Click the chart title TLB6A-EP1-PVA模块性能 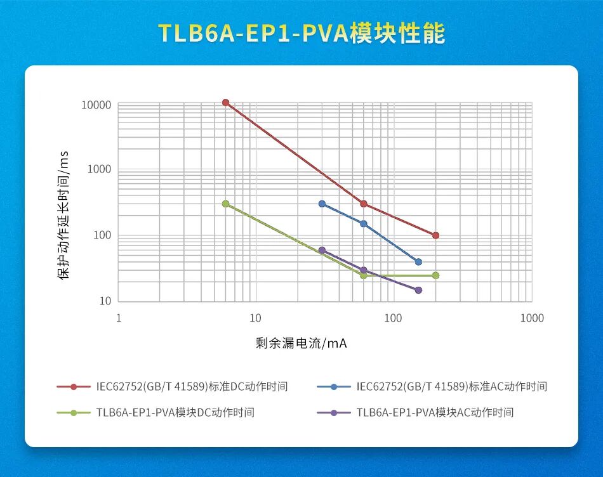[301, 33]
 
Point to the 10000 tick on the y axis [96, 105]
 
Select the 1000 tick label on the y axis [98, 169]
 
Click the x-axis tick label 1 [119, 318]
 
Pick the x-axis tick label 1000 [532, 318]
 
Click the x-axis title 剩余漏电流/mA [301, 343]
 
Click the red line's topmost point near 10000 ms [225, 103]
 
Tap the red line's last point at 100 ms [435, 235]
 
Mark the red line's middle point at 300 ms [364, 204]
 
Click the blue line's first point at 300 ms [322, 204]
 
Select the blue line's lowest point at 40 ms [418, 262]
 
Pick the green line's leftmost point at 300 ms [225, 204]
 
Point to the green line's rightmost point [435, 275]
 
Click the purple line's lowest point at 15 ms [418, 290]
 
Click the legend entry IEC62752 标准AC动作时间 [451, 386]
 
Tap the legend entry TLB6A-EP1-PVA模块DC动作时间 [175, 412]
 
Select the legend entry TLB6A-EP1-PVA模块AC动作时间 [435, 412]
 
